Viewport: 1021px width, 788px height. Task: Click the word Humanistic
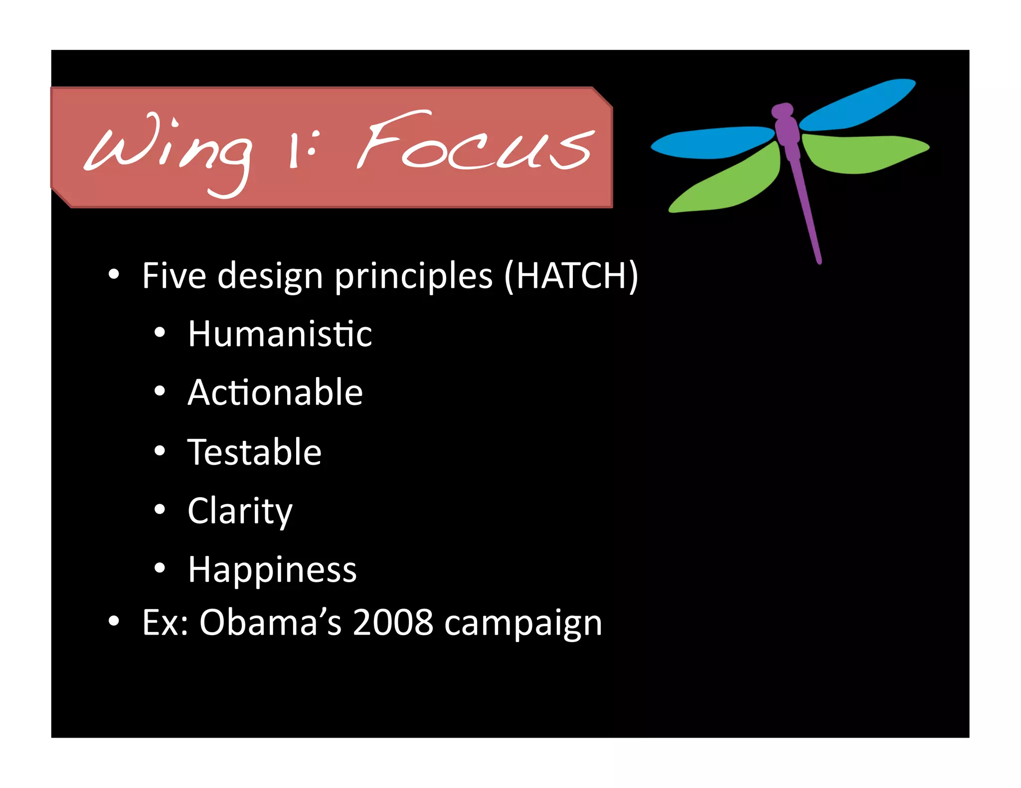click(280, 334)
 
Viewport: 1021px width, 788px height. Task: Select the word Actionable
click(275, 393)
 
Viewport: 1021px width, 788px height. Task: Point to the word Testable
click(254, 452)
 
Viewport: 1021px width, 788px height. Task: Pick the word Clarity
click(240, 512)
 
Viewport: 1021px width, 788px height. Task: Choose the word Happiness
click(272, 570)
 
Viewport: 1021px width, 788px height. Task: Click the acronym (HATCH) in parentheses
click(571, 276)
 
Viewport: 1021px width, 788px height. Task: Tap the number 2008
click(393, 623)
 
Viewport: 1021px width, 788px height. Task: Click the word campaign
click(523, 624)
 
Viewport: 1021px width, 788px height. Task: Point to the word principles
click(413, 277)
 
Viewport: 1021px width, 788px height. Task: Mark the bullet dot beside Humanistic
click(160, 333)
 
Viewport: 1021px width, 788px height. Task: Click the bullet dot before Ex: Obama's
click(114, 621)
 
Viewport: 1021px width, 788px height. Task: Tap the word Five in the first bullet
click(174, 276)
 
